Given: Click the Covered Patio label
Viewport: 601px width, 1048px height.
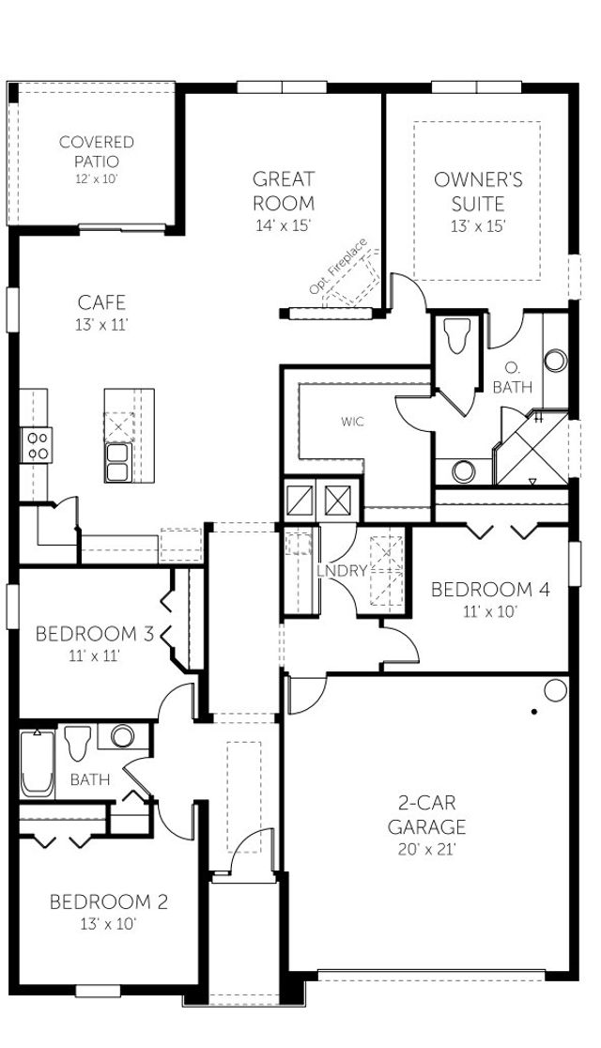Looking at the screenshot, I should point(97,152).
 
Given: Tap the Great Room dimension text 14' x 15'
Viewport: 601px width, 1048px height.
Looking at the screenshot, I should point(283,225).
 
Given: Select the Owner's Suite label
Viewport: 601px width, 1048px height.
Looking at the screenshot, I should point(478,192).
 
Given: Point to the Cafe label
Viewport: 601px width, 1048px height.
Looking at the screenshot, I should point(102,302).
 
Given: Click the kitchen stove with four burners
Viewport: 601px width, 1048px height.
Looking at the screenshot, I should point(38,443).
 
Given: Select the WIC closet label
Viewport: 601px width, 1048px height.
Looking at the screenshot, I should point(352,422).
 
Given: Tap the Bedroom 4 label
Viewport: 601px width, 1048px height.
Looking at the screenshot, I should point(489,590).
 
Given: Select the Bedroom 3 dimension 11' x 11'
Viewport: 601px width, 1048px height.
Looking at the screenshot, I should point(93,655).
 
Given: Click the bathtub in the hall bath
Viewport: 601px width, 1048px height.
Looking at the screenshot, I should point(38,763).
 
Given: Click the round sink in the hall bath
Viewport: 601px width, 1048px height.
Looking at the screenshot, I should point(122,735).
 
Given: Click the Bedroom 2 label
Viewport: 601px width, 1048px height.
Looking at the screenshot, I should point(108,902).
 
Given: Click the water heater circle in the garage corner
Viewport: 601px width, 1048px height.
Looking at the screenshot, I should point(555,691).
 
